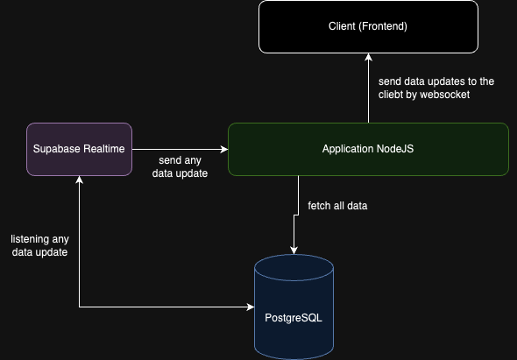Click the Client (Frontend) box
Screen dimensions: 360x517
[x=368, y=26]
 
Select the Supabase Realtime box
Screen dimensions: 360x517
[x=80, y=149]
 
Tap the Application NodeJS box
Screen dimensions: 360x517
[x=368, y=149]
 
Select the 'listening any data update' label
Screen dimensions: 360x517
[x=39, y=245]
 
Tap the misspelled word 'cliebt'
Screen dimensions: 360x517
[x=392, y=95]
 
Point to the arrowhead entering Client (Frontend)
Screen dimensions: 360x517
[x=368, y=54]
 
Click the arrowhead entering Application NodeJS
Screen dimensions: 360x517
[x=223, y=149]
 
